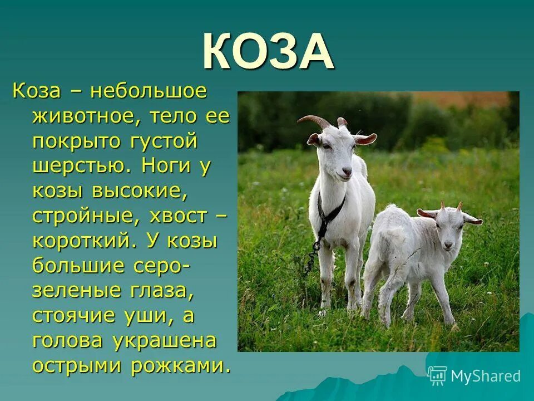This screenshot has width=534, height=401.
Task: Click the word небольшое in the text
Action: point(149,91)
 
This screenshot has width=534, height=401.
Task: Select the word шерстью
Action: point(82,167)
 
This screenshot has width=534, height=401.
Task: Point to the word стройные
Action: point(84,216)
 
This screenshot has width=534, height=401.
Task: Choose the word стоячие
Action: point(77,316)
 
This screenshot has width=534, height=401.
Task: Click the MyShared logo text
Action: point(485,376)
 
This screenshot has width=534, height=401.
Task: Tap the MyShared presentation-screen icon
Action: point(438,375)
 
